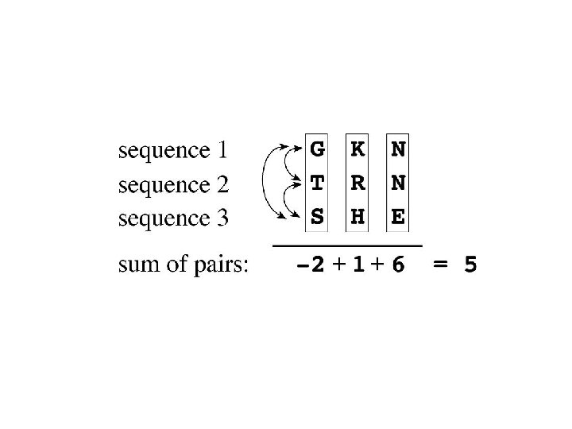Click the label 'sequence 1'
point(173,150)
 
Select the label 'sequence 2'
point(173,184)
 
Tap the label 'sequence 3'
point(173,218)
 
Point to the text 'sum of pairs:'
point(183,265)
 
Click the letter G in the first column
point(317,149)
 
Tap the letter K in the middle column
point(357,149)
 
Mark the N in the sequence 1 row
point(398,149)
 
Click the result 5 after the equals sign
point(470,265)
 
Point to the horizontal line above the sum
point(347,245)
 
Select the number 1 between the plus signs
point(358,265)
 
